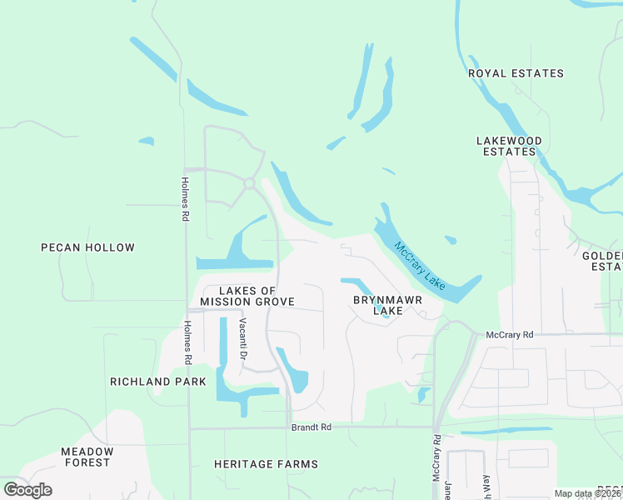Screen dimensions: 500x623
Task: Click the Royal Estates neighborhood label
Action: pyautogui.click(x=516, y=73)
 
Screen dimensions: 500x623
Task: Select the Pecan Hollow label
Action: pyautogui.click(x=87, y=247)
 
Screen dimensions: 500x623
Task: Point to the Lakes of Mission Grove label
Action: pyautogui.click(x=247, y=296)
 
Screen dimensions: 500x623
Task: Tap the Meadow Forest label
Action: pyautogui.click(x=86, y=457)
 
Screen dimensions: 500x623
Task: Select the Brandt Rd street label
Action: pyautogui.click(x=311, y=427)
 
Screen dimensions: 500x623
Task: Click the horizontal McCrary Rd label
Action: pyautogui.click(x=509, y=335)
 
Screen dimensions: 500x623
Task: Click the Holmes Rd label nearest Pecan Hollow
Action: pyautogui.click(x=185, y=198)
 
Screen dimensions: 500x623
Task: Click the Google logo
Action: pyautogui.click(x=27, y=490)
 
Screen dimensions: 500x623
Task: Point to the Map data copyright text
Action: pyautogui.click(x=588, y=493)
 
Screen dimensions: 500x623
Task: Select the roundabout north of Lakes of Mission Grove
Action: pyautogui.click(x=248, y=183)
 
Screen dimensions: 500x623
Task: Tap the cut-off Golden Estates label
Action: pyautogui.click(x=606, y=261)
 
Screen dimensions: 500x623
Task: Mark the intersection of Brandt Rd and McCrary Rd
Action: pyautogui.click(x=436, y=427)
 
